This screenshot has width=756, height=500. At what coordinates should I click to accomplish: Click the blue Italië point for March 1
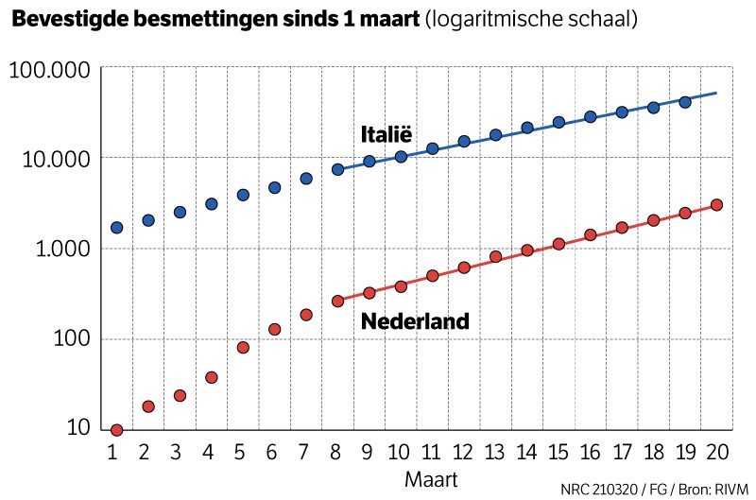(x=116, y=228)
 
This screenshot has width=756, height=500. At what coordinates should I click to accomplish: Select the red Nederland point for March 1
(x=116, y=430)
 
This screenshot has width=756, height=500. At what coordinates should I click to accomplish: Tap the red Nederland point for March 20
(x=716, y=204)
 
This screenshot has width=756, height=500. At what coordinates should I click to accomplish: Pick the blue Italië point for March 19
(x=685, y=102)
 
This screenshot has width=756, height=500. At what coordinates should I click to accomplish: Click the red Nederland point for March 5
(x=243, y=347)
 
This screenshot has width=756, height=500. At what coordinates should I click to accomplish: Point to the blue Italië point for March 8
(x=337, y=169)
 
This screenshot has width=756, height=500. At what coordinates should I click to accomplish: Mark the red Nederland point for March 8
(x=337, y=302)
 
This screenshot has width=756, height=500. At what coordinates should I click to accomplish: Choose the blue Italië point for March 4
(x=212, y=203)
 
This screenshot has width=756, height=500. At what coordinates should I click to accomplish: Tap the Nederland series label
(x=415, y=321)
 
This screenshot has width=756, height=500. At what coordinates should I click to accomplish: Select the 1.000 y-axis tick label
(x=58, y=250)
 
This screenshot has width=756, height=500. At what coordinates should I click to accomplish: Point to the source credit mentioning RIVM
(x=654, y=489)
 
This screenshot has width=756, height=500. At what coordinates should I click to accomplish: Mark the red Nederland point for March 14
(x=527, y=250)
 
